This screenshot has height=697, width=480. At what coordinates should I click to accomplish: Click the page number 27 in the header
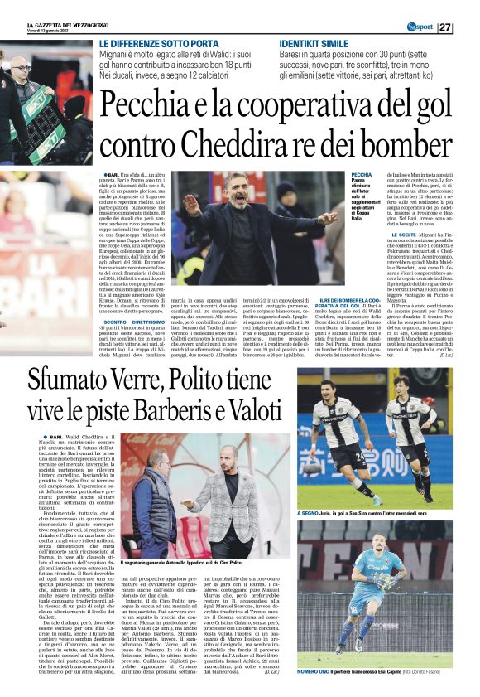[468, 27]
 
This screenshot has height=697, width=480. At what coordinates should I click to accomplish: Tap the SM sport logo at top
[420, 27]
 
